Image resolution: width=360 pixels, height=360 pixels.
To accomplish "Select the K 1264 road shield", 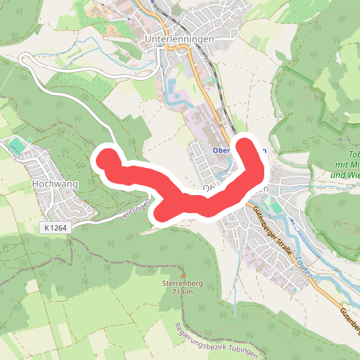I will (x=55, y=228).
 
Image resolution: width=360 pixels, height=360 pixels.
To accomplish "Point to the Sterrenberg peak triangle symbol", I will (x=183, y=274).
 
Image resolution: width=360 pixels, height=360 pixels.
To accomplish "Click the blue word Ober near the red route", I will (x=222, y=150).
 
